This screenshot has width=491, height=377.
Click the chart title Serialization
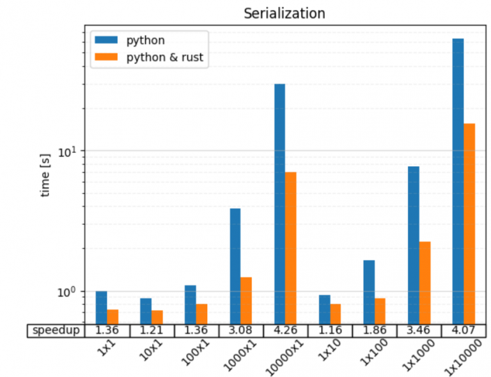coord(284,13)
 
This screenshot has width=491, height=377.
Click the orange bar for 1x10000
coord(469,223)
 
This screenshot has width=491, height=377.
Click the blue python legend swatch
coord(107,40)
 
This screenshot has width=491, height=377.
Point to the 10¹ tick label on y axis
coord(68,151)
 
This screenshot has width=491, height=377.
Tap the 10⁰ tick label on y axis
coord(68,291)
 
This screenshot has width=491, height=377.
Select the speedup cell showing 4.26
coord(285,330)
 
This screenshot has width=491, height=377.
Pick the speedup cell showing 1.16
coord(329,330)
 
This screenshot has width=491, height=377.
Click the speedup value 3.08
coord(240,330)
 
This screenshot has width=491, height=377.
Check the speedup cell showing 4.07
coord(464,330)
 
